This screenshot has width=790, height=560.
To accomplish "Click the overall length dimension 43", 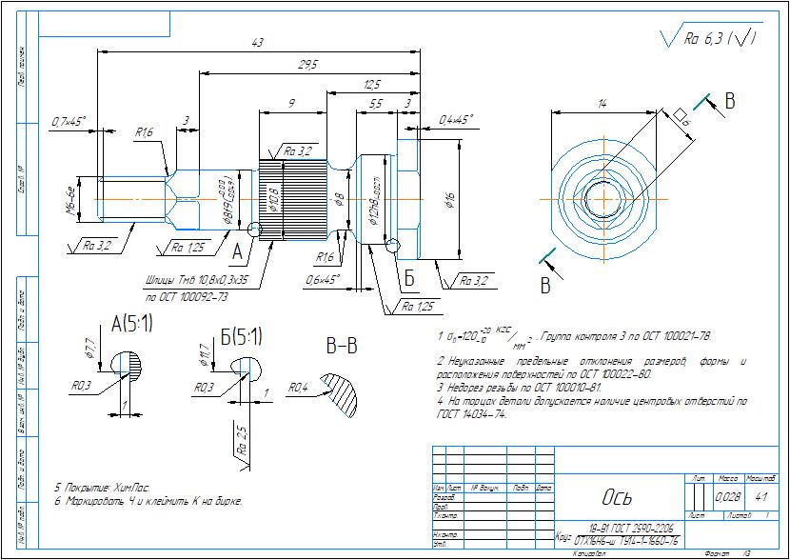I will click(256, 43).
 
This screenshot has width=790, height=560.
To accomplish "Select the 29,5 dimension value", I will click(307, 64).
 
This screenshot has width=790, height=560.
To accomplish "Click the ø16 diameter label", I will click(449, 199).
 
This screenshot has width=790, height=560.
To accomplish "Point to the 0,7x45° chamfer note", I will click(69, 121).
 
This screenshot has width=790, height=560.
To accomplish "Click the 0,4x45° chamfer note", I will click(455, 120).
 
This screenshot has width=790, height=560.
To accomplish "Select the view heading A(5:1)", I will click(132, 326).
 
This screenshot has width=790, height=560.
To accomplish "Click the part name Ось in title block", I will click(616, 498).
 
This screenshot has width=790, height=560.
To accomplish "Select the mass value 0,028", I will click(728, 497).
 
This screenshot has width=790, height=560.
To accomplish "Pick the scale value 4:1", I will click(761, 497).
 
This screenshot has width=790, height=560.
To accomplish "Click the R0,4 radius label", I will click(298, 388).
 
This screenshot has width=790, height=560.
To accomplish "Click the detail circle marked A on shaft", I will click(253, 230).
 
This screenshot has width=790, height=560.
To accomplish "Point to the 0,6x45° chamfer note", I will click(326, 279).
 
